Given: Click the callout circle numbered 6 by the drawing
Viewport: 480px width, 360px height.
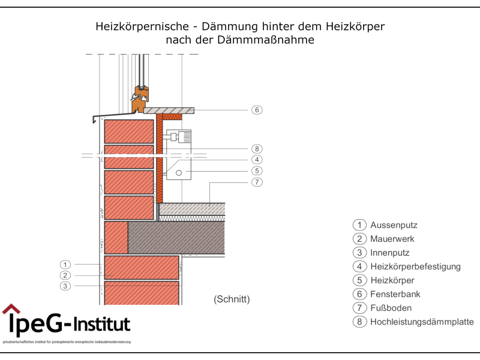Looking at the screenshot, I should pos(257,110).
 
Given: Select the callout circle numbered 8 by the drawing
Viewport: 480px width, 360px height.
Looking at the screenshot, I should pos(257,149).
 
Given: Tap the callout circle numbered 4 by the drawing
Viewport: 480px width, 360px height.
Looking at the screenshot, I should pos(257,160).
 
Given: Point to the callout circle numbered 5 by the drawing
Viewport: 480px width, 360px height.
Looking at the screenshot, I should pos(257,170).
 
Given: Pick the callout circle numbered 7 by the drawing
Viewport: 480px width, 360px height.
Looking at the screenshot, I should pos(257,182).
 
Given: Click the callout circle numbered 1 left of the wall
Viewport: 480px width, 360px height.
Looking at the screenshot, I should pos(65,264).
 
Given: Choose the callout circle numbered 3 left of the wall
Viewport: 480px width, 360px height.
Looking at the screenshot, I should pos(65,286).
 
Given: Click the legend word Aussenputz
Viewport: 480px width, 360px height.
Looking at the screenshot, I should pos(394,225).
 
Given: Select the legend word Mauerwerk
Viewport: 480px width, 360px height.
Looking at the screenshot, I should pos(392,239).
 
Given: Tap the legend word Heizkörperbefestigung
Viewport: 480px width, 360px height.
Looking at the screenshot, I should pos(415,266).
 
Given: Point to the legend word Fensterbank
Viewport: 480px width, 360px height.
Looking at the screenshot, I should pos(395,294).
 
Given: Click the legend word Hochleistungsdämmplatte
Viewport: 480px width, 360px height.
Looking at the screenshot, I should pos(422,322).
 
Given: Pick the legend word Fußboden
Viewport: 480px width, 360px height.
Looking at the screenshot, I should pos(391,308).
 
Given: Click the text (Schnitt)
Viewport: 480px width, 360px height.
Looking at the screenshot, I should pos(232,299).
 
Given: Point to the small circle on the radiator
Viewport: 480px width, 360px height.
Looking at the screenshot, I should pos(179,173).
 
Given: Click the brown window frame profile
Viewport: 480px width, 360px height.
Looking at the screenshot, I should pos(140,99).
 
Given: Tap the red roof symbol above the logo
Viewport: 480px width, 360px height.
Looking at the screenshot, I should pos(11,309).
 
